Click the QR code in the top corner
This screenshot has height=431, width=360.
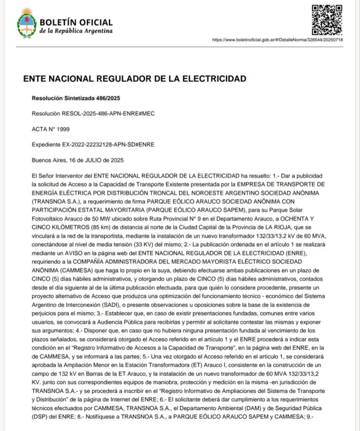click(x=327, y=20)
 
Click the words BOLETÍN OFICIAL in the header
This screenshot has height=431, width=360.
click(x=76, y=22)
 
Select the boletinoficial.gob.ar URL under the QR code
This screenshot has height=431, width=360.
click(x=277, y=40)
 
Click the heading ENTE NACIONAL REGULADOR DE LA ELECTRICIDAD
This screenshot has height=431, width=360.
click(x=135, y=79)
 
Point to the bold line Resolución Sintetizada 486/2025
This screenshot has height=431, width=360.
click(x=76, y=98)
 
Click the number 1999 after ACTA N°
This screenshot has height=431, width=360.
click(x=63, y=129)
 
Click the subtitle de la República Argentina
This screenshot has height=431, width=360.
click(x=76, y=31)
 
